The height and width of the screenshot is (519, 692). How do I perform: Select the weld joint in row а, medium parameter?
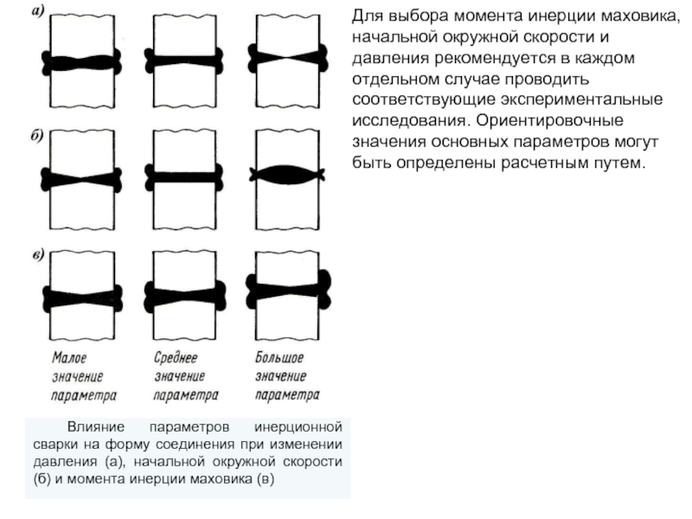(x=184, y=61)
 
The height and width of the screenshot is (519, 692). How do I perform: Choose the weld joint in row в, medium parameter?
(x=184, y=295)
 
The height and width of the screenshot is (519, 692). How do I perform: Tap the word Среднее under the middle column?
(x=176, y=357)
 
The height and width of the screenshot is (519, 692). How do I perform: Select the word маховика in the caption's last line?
(x=221, y=478)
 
